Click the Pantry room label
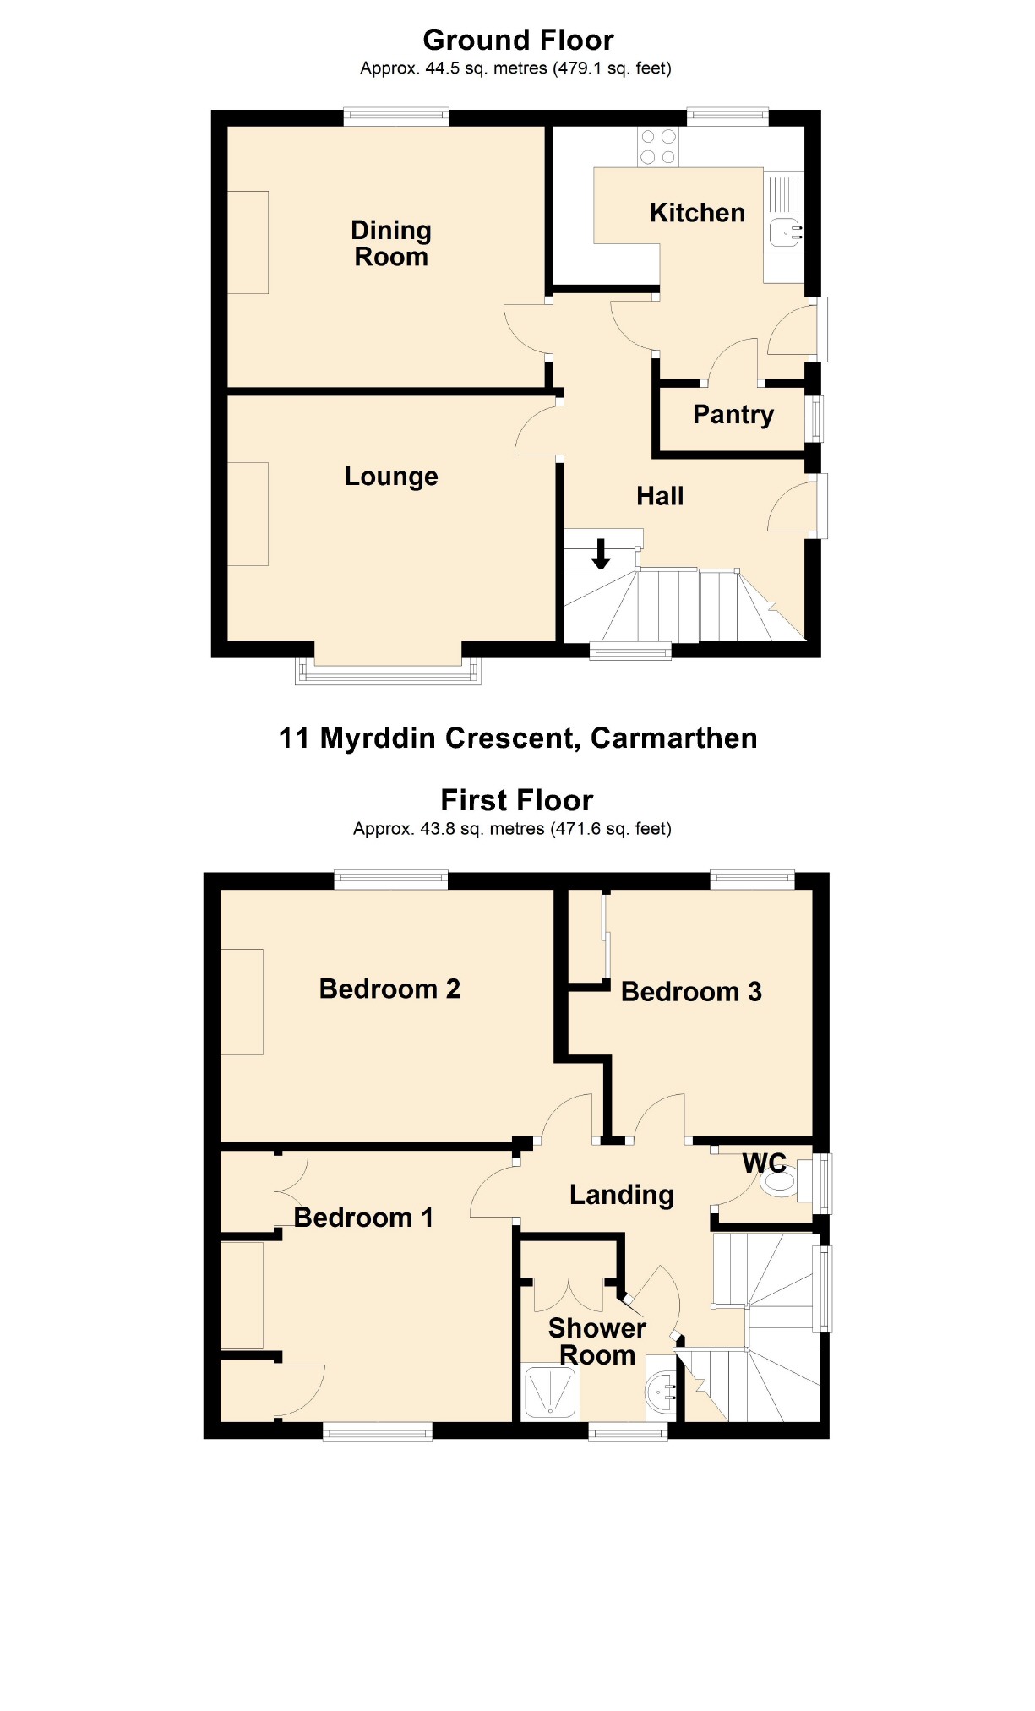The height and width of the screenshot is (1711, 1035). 733,415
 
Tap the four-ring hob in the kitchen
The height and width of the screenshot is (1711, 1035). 658,147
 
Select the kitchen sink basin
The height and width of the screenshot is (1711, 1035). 785,232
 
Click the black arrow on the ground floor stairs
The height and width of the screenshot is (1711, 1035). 601,553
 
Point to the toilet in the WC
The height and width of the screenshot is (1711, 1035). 780,1182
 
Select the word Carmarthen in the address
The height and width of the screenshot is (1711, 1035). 673,738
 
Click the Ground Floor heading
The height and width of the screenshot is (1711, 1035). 518,40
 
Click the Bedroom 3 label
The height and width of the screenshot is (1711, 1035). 691,991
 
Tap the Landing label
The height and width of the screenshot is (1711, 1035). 621,1195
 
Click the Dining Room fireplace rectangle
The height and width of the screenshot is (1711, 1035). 248,242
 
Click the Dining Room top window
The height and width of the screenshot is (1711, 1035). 395,117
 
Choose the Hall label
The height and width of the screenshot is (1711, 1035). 660,496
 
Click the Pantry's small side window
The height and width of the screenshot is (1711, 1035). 815,418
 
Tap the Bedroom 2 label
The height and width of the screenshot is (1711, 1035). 389,989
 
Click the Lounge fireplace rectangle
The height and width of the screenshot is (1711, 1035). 248,514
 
